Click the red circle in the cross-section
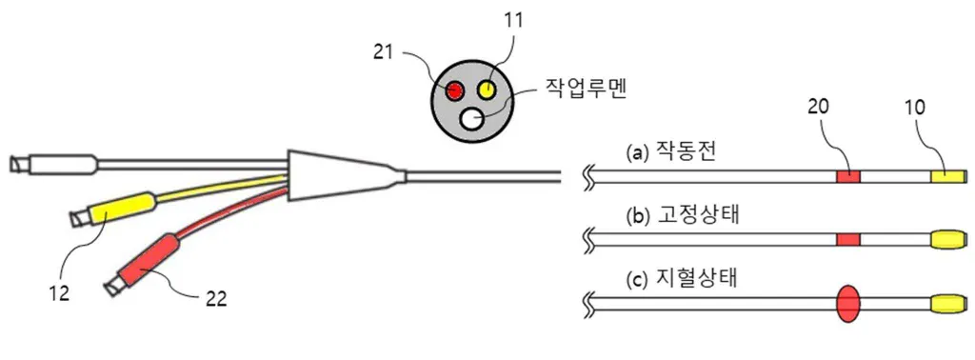454,91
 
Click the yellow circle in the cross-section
487,90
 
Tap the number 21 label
385,52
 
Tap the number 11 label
513,21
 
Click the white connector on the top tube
61,164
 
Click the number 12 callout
60,291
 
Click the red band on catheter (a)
848,176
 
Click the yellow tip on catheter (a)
947,176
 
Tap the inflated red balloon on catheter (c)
848,304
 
